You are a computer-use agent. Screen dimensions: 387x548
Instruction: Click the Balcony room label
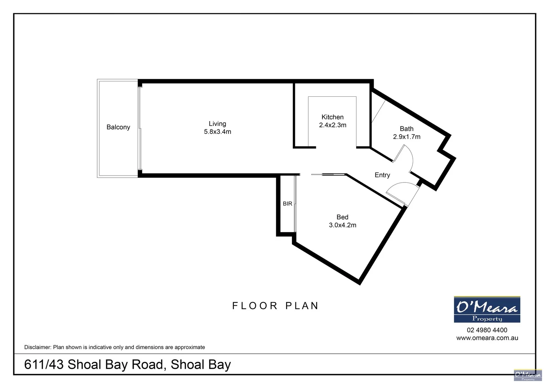[x=118, y=127]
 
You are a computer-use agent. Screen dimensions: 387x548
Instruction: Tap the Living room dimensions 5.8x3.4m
[x=217, y=132]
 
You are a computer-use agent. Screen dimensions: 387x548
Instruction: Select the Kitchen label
[x=332, y=117]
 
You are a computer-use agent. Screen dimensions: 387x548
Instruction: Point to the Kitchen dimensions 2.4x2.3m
[x=332, y=125]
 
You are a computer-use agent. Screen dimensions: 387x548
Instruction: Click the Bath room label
[x=406, y=129]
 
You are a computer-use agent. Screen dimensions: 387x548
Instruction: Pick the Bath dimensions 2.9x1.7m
[x=406, y=137]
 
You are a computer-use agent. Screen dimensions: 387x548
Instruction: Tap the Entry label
[x=382, y=175]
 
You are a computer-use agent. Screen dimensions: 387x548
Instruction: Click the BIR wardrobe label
[x=287, y=204]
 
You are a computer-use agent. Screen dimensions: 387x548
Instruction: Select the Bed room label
[x=342, y=217]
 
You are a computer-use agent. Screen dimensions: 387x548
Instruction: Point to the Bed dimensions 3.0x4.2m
[x=342, y=225]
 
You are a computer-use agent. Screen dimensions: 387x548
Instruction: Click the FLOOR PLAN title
[x=275, y=306]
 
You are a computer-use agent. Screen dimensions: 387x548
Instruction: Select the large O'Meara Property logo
[x=487, y=310]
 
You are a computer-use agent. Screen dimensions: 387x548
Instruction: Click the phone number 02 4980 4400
[x=487, y=330]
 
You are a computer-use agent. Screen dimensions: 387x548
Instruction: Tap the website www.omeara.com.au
[x=487, y=338]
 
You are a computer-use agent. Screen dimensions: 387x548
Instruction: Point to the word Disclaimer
[x=37, y=347]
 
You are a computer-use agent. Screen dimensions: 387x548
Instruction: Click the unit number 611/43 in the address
[x=44, y=364]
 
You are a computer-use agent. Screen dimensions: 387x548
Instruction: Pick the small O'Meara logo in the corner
[x=528, y=375]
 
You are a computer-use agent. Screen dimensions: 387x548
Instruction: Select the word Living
[x=217, y=124]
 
